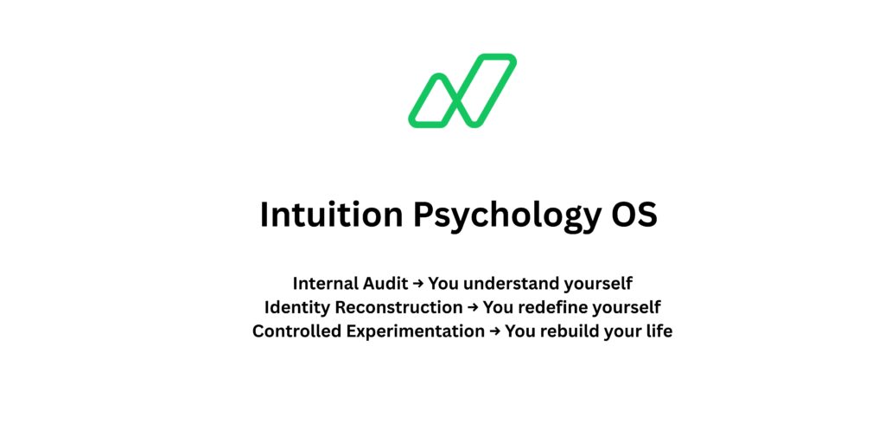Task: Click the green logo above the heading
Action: tap(462, 91)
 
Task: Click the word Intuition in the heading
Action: tap(330, 215)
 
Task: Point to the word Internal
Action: tap(327, 283)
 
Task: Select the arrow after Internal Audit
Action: tap(419, 283)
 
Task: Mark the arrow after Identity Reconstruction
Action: tap(473, 307)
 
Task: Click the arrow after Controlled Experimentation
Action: tap(494, 331)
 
